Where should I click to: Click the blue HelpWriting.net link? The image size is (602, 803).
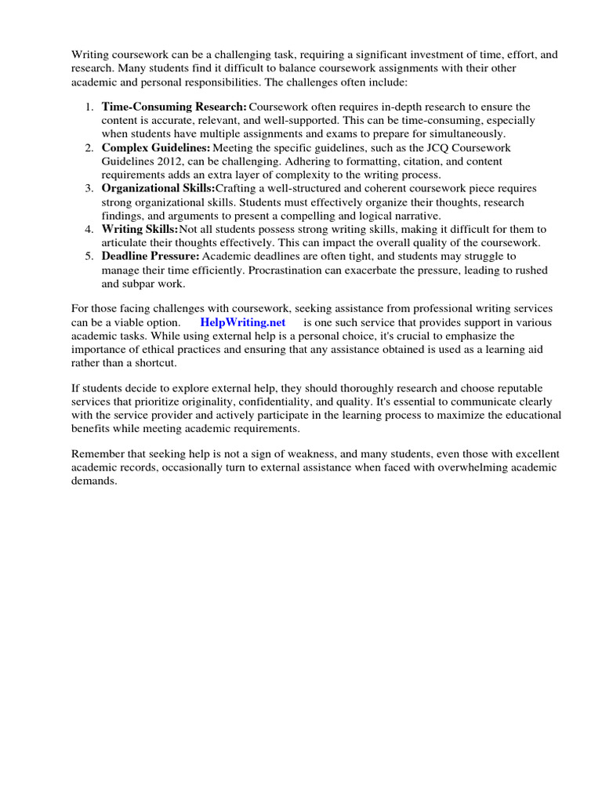pyautogui.click(x=243, y=322)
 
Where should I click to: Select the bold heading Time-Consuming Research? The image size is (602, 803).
pyautogui.click(x=174, y=107)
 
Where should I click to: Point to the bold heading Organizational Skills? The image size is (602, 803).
pyautogui.click(x=158, y=188)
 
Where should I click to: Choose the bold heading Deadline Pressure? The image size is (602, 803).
pyautogui.click(x=150, y=256)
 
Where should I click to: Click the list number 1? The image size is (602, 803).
pyautogui.click(x=89, y=107)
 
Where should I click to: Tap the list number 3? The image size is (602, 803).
pyautogui.click(x=89, y=188)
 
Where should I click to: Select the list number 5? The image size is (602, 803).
pyautogui.click(x=89, y=256)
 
